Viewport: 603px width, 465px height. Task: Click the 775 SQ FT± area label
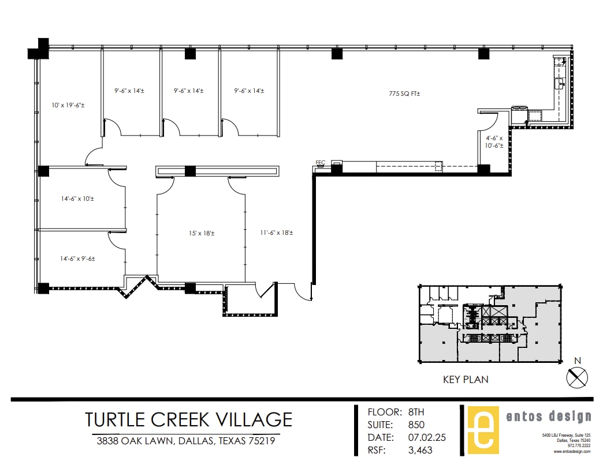[404, 93]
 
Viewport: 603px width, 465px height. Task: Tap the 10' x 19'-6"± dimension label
[68, 106]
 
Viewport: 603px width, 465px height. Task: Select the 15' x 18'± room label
[201, 234]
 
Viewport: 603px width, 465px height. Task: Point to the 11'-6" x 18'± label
[276, 232]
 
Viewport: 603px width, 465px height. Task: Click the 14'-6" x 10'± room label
[77, 199]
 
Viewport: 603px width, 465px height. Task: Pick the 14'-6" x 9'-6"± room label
[78, 259]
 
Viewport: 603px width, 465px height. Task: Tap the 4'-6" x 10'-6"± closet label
[494, 142]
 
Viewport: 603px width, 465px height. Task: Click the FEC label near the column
[321, 163]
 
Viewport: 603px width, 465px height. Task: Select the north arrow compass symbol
[576, 378]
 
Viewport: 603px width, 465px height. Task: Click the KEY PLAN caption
[466, 380]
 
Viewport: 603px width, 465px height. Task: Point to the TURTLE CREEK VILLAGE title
[189, 419]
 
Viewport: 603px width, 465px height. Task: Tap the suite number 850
[416, 425]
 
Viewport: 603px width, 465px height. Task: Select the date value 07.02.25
[427, 438]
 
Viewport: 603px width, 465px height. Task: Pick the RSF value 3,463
[420, 451]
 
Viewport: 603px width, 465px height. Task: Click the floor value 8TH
[416, 412]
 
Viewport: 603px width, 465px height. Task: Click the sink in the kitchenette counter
[560, 84]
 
